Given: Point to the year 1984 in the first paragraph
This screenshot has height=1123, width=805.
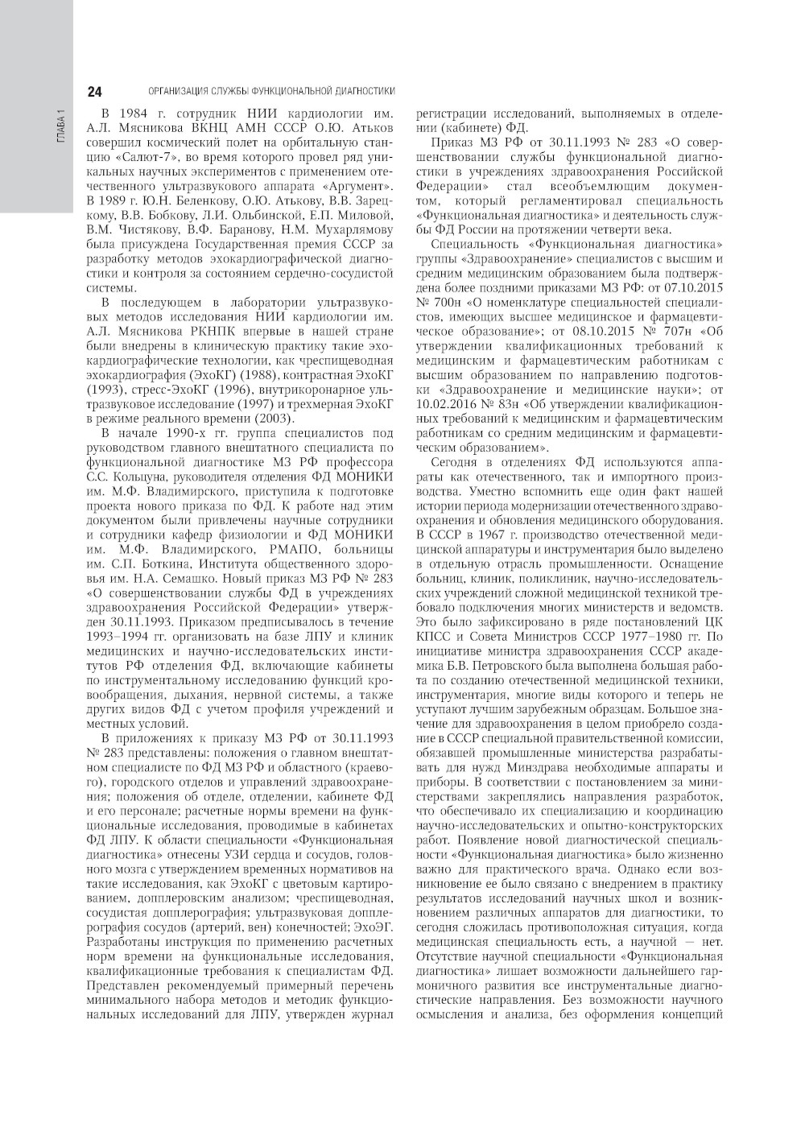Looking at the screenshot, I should point(132,114).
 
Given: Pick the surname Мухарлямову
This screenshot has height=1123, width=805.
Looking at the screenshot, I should point(353,229).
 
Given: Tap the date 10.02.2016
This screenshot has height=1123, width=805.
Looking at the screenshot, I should point(444,403).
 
